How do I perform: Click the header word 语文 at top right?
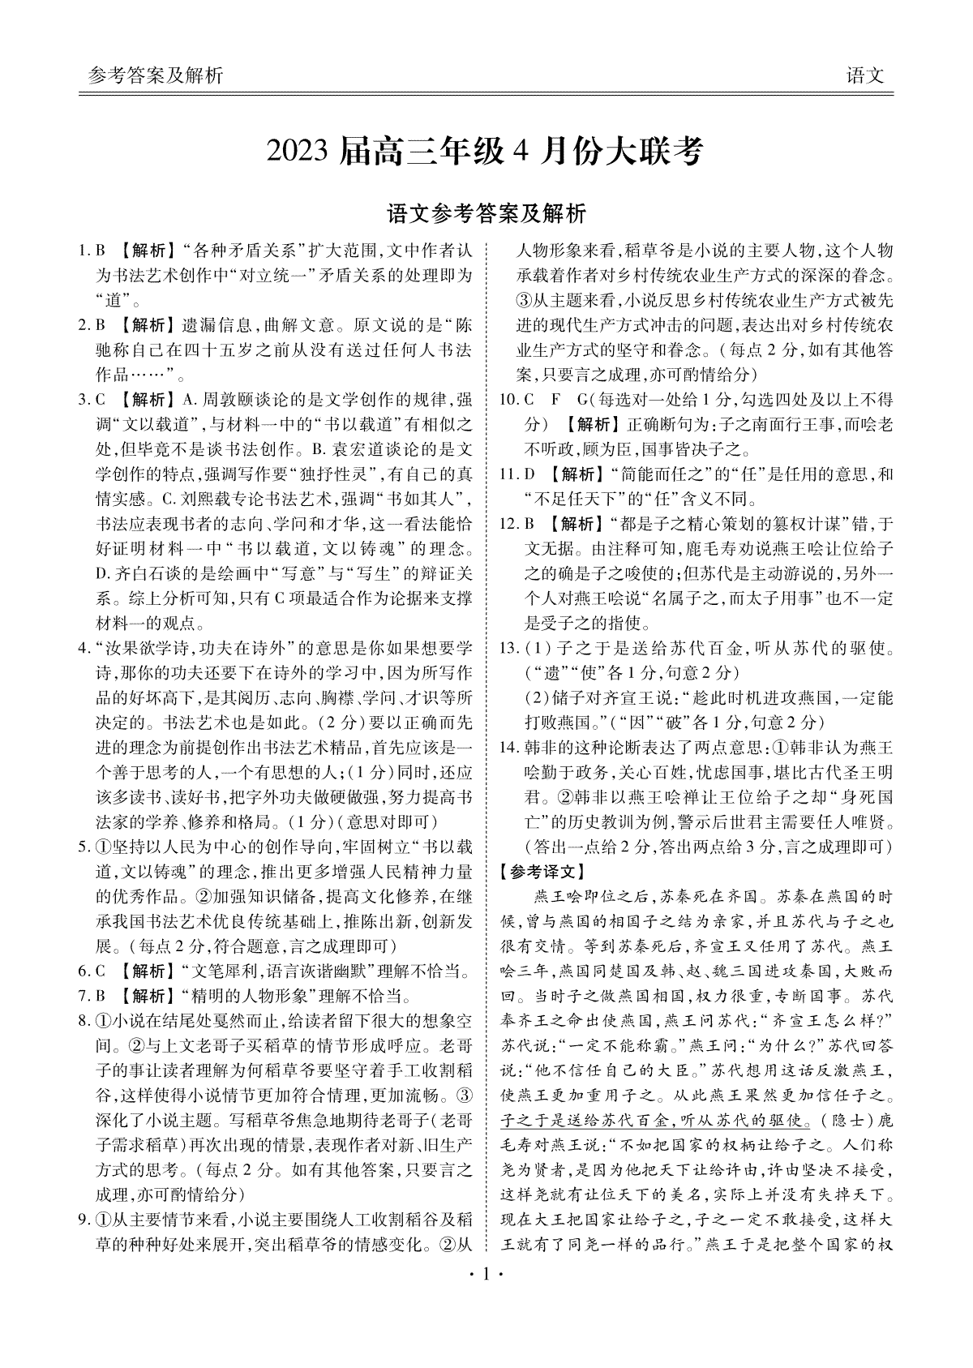point(864,76)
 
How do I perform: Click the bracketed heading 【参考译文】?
point(542,872)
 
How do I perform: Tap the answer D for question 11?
point(530,474)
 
